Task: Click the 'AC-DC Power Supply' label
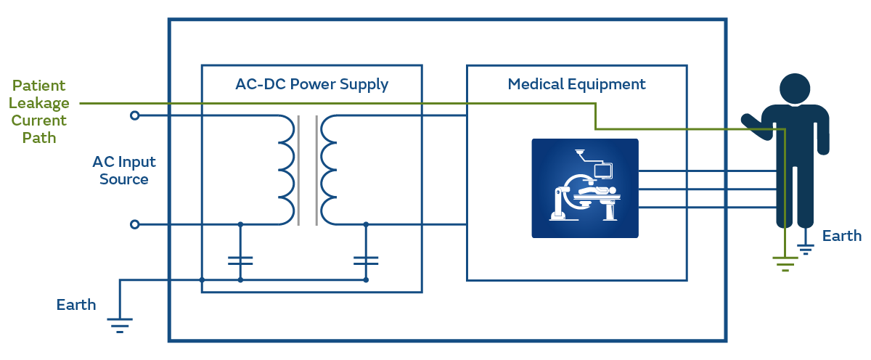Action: tap(311, 84)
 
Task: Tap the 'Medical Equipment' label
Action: tap(576, 84)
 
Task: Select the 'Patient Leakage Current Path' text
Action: tap(40, 111)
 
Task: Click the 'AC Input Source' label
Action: tap(124, 170)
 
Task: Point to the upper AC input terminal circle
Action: tap(134, 115)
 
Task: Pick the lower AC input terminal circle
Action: tap(134, 225)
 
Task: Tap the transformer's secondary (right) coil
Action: tap(329, 170)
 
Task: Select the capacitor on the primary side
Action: tap(240, 258)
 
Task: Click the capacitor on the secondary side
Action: tap(366, 258)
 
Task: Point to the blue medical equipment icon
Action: tap(585, 188)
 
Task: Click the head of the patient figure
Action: tap(795, 89)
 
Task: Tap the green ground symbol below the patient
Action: tap(785, 262)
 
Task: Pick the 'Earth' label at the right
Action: tap(842, 236)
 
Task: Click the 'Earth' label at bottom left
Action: tap(76, 305)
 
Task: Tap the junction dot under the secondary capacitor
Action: tap(366, 279)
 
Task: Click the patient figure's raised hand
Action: tap(752, 126)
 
